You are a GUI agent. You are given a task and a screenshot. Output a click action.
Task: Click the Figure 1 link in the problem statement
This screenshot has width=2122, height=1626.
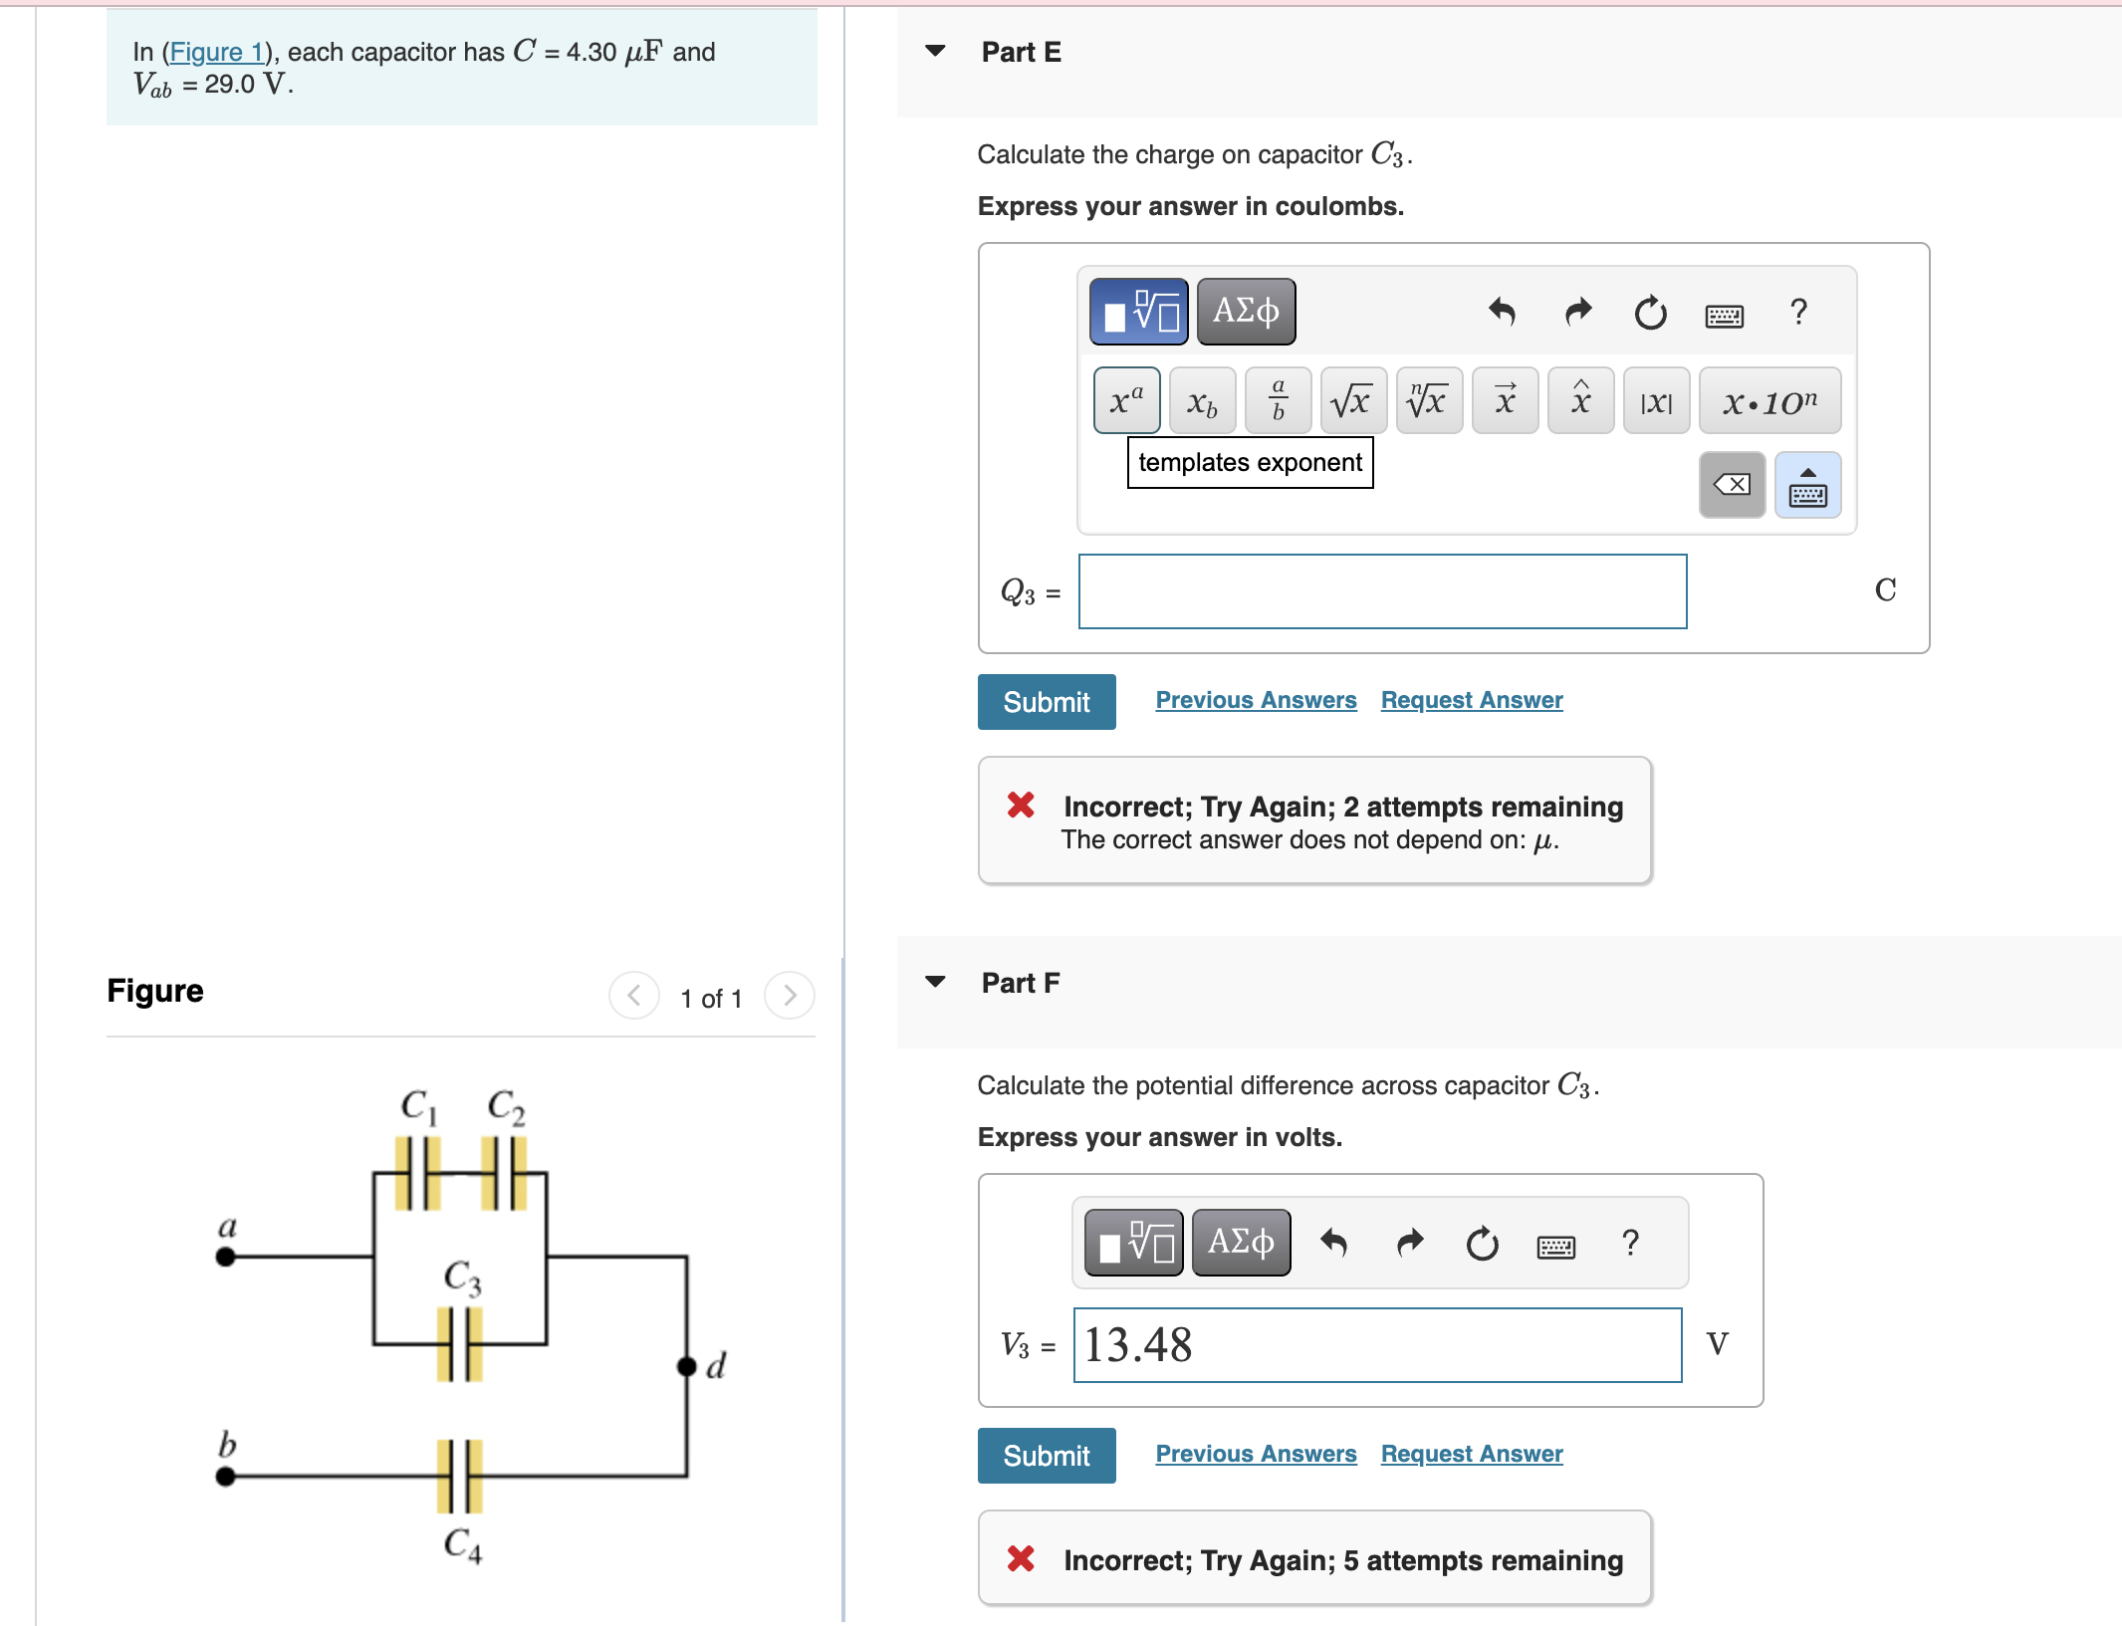(x=216, y=52)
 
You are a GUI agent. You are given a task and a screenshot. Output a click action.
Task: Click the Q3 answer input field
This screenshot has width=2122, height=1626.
(x=1381, y=591)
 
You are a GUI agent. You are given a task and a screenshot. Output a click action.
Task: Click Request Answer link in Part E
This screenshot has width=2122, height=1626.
(x=1471, y=700)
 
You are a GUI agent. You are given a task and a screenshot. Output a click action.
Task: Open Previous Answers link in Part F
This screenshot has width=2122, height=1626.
(x=1255, y=1454)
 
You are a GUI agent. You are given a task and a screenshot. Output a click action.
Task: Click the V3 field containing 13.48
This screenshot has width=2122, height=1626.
(x=1376, y=1345)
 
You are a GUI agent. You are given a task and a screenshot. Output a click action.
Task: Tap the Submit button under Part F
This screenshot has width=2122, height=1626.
(x=1046, y=1456)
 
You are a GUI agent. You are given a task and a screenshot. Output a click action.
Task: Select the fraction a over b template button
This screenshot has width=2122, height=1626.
(x=1278, y=401)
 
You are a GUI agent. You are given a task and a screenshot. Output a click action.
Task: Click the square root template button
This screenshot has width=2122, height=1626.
(x=1352, y=401)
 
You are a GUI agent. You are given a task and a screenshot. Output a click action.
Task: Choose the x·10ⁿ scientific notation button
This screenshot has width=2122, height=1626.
(x=1768, y=401)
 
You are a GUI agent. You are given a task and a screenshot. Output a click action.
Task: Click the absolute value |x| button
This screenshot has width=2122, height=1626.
(x=1655, y=401)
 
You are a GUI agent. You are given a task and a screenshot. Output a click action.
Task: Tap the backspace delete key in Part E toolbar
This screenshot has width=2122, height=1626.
(x=1731, y=485)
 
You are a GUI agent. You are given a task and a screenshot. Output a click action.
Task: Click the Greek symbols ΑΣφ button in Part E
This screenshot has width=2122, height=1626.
(x=1245, y=312)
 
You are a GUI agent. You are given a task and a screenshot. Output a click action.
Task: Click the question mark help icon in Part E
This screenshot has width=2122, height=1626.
(x=1797, y=313)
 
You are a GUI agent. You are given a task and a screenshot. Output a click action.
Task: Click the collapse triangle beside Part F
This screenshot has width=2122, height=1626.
(x=935, y=982)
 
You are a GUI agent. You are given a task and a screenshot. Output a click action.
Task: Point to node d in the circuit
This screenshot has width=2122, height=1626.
(x=687, y=1366)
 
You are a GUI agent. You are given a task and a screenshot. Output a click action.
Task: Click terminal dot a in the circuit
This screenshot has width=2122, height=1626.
(x=226, y=1257)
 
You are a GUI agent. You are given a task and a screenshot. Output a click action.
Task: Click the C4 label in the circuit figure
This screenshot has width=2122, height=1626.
(x=462, y=1544)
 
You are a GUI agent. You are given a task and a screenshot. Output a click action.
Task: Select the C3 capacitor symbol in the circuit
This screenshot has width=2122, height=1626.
(x=459, y=1344)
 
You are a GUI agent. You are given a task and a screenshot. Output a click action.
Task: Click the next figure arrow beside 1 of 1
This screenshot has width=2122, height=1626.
(x=789, y=996)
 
